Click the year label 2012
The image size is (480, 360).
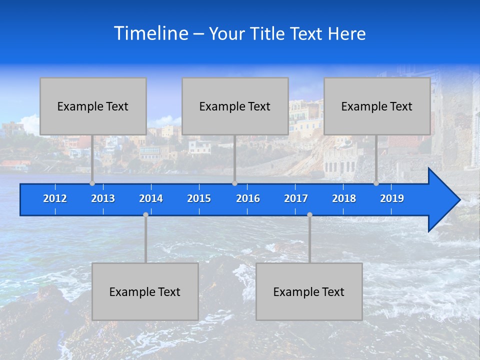point(55,198)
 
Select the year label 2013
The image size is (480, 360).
point(103,198)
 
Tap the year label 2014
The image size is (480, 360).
point(151,198)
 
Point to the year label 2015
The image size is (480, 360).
point(199,198)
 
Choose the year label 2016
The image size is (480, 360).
point(248,198)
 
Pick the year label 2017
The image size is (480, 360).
point(296,198)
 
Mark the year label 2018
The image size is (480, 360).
point(344,198)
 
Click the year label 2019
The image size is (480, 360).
point(392,198)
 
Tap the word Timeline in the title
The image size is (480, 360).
point(150,33)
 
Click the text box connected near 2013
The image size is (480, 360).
point(93,106)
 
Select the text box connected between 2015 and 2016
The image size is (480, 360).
point(235,106)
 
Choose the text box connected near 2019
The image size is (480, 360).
point(377,106)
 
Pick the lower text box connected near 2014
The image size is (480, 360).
point(145,291)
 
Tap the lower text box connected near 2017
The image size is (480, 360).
point(309,291)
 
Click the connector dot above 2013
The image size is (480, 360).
point(92,183)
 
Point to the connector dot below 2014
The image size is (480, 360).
point(145,215)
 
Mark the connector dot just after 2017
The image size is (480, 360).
point(309,215)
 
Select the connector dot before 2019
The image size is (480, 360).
point(376,183)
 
